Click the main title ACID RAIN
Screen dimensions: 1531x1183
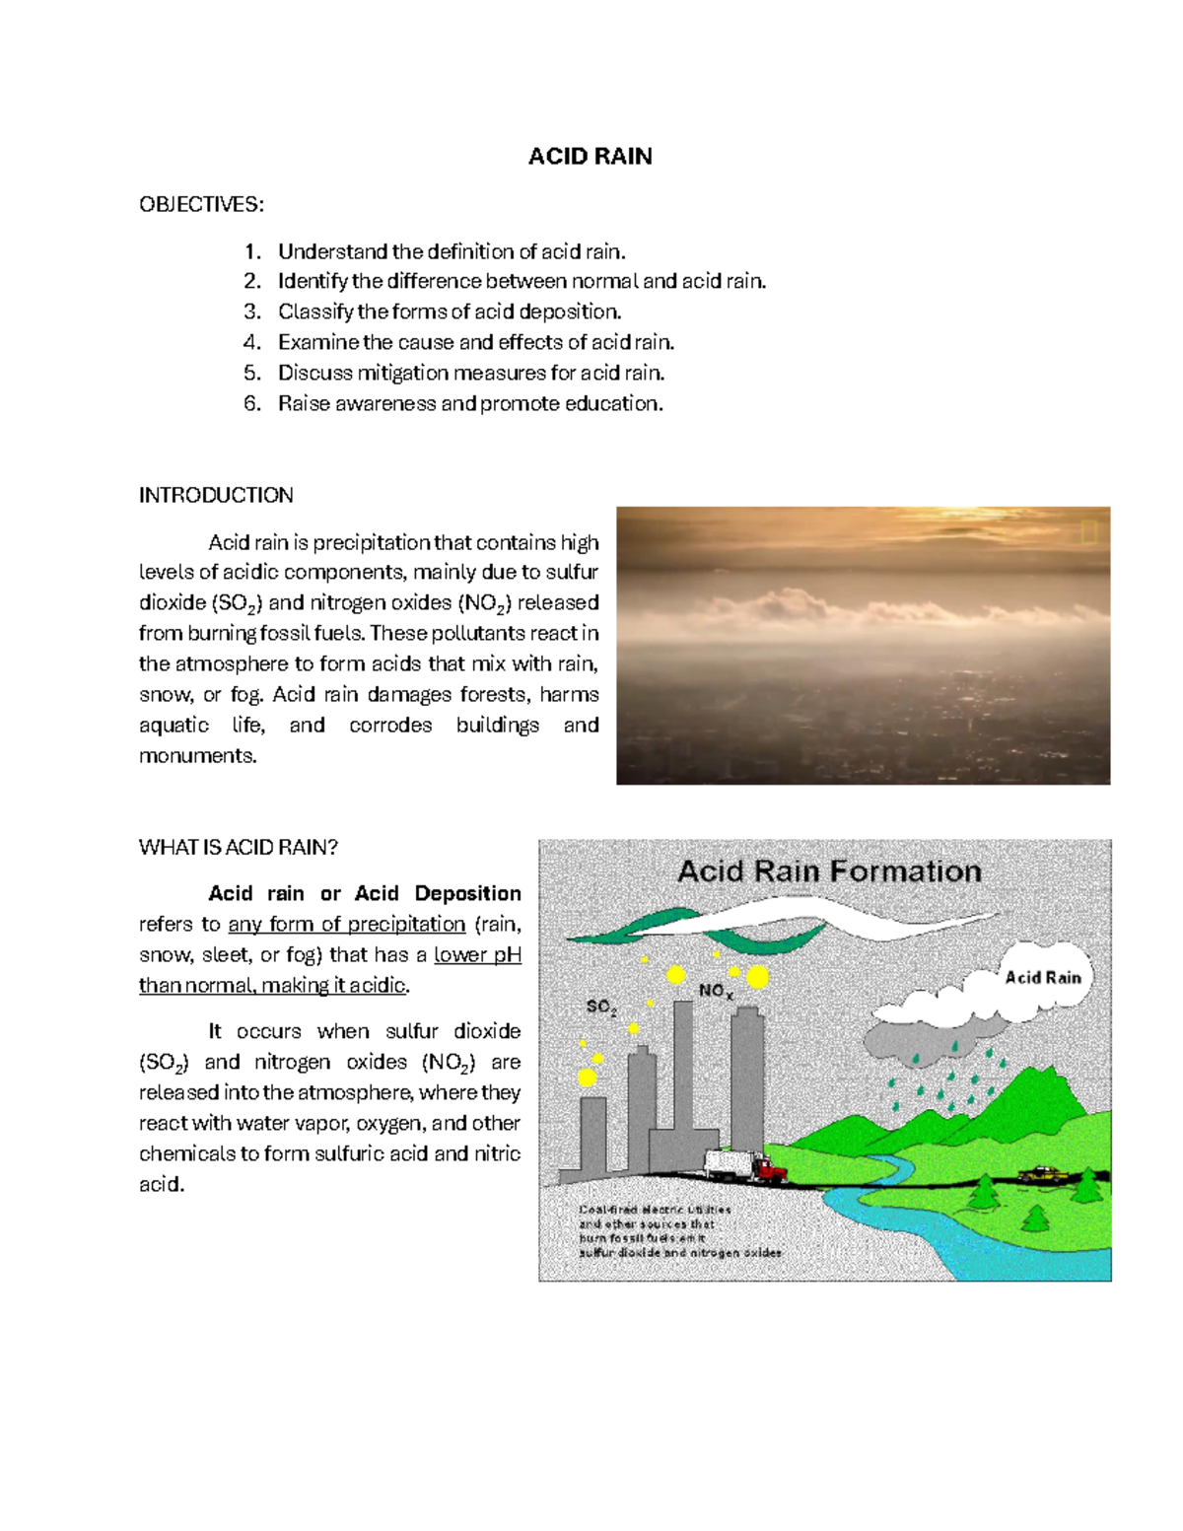[590, 157]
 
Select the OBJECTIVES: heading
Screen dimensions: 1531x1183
[201, 204]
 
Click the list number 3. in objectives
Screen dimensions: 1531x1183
[252, 313]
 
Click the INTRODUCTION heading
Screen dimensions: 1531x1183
[216, 495]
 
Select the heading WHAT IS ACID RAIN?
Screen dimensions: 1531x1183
[239, 848]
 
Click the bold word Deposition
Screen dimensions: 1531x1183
[467, 894]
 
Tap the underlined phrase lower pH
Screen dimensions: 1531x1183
[477, 955]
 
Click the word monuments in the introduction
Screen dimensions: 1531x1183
[197, 756]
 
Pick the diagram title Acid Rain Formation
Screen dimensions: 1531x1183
[829, 871]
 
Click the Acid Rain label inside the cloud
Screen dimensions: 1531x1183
[1042, 978]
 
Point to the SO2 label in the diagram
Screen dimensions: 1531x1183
[601, 1008]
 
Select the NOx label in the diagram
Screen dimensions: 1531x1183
[716, 992]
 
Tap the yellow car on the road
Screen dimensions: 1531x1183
[1045, 1174]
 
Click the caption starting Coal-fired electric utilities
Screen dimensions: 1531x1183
[680, 1231]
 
